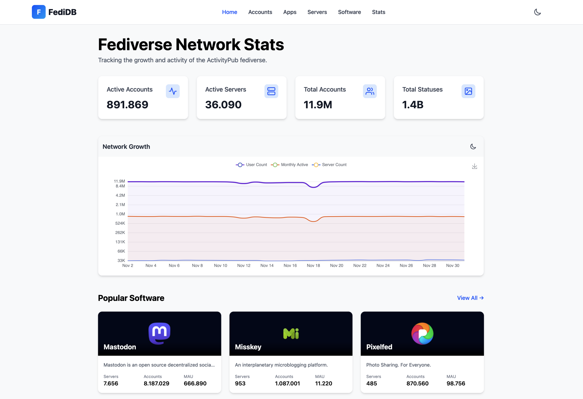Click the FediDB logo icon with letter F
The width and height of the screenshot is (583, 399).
click(x=39, y=12)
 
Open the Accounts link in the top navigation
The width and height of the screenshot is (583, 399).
click(x=260, y=12)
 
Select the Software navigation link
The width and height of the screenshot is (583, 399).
click(x=349, y=12)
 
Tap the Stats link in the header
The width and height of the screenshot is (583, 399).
click(x=378, y=12)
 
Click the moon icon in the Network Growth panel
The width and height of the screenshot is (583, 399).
click(x=473, y=147)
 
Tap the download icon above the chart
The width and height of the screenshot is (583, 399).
click(x=474, y=166)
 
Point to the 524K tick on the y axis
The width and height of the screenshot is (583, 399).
click(x=120, y=223)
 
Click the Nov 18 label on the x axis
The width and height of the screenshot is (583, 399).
click(x=313, y=265)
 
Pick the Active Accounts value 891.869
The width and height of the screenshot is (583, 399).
click(x=128, y=105)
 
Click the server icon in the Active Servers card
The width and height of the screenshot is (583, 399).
click(x=271, y=91)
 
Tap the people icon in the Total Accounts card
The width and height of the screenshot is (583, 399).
click(x=370, y=91)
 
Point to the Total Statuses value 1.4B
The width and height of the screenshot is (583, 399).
click(x=413, y=105)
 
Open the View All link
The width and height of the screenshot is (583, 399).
click(x=470, y=298)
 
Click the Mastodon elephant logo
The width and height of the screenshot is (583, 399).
click(x=159, y=333)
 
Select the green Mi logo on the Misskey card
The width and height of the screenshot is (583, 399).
click(x=291, y=334)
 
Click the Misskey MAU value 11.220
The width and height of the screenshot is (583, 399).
click(x=323, y=384)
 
